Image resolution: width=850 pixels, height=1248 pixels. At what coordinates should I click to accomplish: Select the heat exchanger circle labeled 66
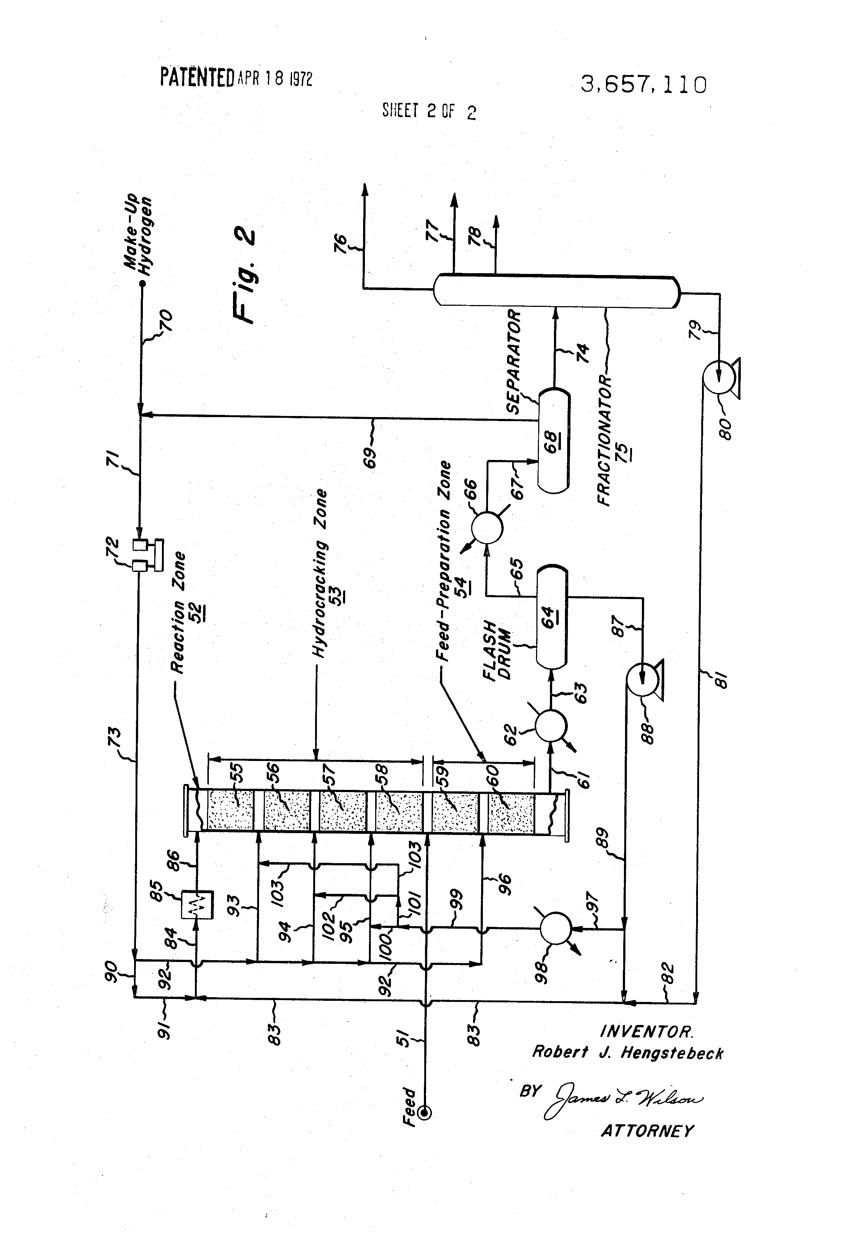coord(487,527)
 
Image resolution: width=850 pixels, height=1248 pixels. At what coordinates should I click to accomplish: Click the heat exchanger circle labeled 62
coord(551,725)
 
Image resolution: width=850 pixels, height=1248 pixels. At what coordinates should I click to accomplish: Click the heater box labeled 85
coord(197,905)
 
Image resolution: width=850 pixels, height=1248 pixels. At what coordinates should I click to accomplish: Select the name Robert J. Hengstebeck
coord(627,1052)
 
